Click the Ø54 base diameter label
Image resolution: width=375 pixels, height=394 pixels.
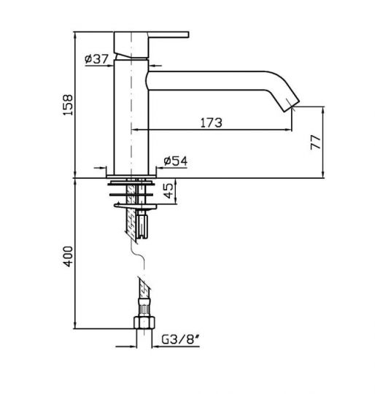173,160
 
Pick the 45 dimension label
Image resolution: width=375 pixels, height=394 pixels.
169,193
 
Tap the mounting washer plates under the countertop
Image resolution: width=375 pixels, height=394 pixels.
131,195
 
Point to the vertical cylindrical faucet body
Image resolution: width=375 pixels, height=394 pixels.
131,117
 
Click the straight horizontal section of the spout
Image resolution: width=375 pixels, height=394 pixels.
212,80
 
